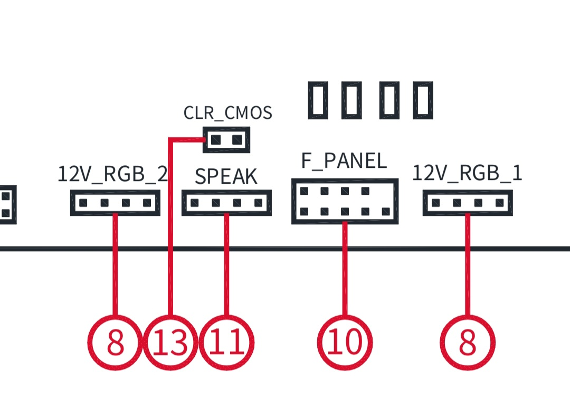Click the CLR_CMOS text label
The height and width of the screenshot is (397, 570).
coord(228,113)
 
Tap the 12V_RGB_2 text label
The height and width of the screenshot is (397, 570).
coord(113,174)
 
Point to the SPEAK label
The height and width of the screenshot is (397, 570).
coord(226,176)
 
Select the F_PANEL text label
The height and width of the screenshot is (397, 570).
coord(344,160)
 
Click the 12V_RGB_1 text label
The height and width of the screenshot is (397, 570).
coord(467,173)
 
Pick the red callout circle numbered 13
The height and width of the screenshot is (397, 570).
coord(170,343)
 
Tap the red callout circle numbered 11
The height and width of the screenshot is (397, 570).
coord(227,343)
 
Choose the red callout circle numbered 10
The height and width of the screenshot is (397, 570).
coord(345,343)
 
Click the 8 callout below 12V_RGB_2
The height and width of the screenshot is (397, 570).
coord(115,343)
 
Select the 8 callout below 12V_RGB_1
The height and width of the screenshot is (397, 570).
coord(468,343)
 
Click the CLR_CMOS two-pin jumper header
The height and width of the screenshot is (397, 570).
coord(226,139)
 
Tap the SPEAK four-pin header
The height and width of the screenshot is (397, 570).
coord(226,203)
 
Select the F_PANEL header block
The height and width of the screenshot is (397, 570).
coord(345,201)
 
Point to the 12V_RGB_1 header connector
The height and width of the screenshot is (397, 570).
coord(468,203)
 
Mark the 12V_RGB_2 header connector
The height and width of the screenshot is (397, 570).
coord(115,203)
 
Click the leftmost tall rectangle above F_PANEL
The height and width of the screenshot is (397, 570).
coord(318,100)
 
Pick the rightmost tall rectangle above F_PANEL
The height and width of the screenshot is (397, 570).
coord(423,100)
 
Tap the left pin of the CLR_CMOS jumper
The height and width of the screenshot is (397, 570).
coord(215,139)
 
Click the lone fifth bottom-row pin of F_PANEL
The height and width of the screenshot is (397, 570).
coord(386,211)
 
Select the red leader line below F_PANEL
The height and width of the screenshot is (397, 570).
coord(345,269)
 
